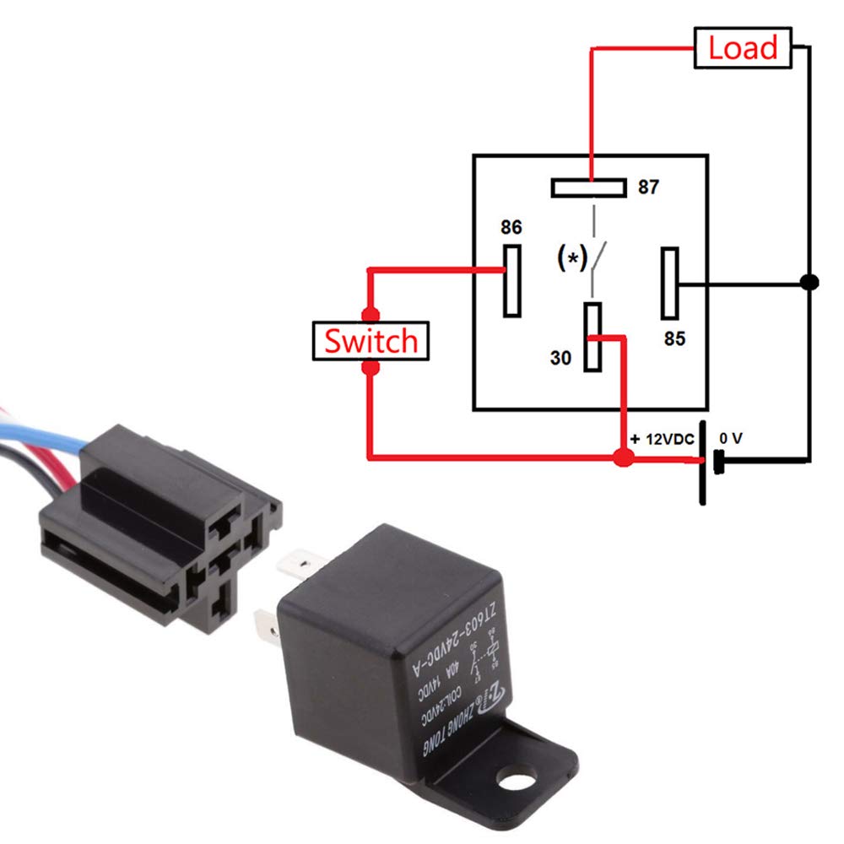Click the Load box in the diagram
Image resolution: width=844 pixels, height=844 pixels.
(743, 48)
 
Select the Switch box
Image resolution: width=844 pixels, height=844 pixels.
(371, 342)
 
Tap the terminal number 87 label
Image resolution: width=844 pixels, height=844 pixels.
(648, 187)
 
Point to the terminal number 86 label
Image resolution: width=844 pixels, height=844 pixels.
(511, 228)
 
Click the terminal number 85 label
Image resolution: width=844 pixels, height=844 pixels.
(674, 338)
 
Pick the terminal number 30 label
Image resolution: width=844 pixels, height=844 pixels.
(560, 358)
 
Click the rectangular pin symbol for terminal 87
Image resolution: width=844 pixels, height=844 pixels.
(588, 187)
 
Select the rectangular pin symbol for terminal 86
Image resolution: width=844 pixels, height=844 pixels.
(511, 280)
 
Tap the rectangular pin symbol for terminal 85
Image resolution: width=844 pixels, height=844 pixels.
(670, 282)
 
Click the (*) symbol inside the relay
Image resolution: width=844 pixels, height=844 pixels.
(572, 258)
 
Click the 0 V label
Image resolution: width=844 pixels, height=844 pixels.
(732, 439)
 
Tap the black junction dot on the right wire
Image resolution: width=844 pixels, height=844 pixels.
(809, 282)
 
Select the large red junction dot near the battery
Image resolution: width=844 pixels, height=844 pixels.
(623, 458)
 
